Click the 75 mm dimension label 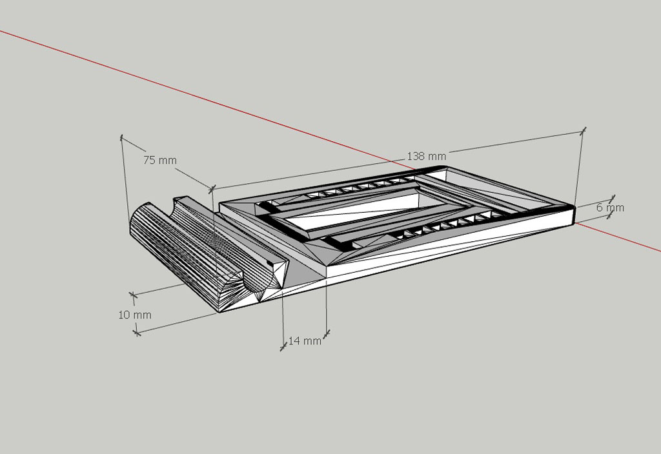click(x=160, y=160)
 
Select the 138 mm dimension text click(x=426, y=156)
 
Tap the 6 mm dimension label click(x=610, y=208)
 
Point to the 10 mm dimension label click(x=134, y=315)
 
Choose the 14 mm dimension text click(x=305, y=340)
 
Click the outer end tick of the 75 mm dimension click(x=122, y=137)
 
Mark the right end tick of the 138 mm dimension click(x=583, y=131)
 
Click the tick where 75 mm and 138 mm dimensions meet click(x=212, y=189)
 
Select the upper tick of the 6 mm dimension click(x=612, y=199)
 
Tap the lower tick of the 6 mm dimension click(x=609, y=215)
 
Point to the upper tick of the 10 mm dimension click(x=133, y=295)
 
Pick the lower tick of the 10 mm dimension click(x=136, y=332)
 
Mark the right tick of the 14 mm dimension click(x=326, y=333)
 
